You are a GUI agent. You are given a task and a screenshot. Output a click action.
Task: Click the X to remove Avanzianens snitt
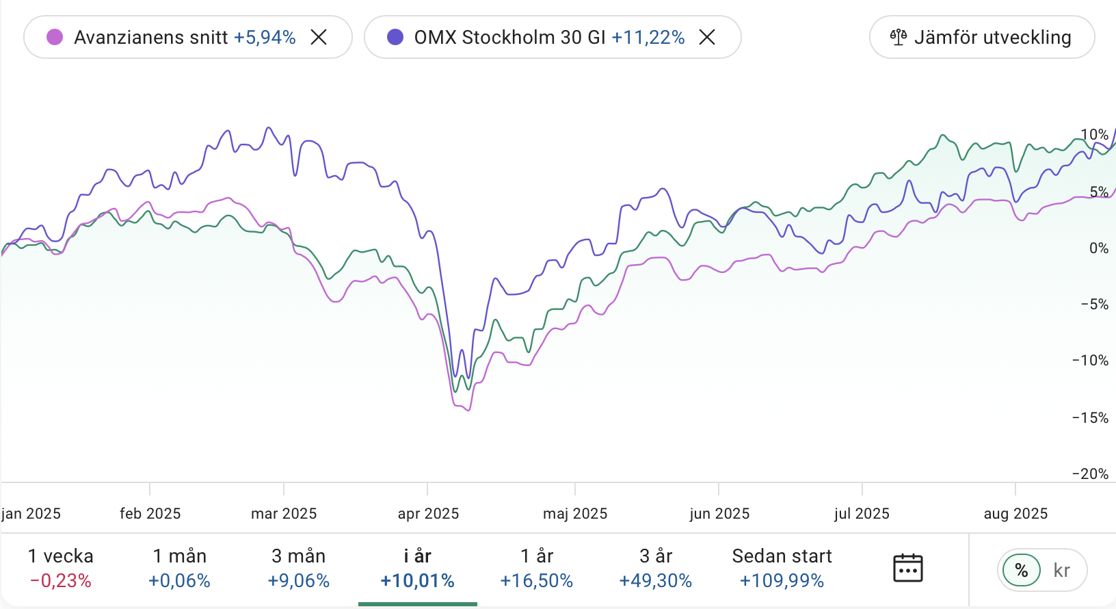tap(319, 37)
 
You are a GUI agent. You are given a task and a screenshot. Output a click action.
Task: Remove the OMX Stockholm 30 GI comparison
tap(707, 37)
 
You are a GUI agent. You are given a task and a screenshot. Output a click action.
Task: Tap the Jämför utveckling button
tap(981, 37)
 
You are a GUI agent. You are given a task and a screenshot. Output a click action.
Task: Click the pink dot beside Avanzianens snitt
tap(55, 37)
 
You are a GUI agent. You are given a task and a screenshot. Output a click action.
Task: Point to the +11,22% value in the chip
tap(648, 37)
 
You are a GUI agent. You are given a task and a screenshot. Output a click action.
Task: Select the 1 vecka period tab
tap(61, 568)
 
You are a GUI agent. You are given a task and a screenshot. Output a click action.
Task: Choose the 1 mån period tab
tap(180, 568)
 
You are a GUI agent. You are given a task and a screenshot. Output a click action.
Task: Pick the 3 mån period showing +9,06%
tap(299, 568)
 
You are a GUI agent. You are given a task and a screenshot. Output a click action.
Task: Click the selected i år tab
tap(418, 568)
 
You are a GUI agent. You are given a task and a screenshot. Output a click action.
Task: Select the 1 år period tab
tap(537, 568)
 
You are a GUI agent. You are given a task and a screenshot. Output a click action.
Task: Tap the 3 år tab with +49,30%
tap(656, 568)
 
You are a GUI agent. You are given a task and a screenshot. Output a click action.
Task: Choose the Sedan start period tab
tap(782, 568)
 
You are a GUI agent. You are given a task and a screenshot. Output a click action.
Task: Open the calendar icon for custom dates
tap(908, 569)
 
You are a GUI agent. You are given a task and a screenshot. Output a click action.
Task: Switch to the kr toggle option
tap(1061, 570)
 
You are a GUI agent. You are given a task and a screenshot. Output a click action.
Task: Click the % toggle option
tap(1022, 570)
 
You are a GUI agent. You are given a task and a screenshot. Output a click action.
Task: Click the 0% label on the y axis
tap(1098, 248)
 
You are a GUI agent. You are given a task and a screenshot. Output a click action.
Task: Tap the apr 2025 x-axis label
tap(428, 514)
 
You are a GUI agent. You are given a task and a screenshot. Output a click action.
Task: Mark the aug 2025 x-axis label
tap(1015, 514)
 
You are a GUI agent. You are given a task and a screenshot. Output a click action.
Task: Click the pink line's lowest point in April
tap(468, 410)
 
